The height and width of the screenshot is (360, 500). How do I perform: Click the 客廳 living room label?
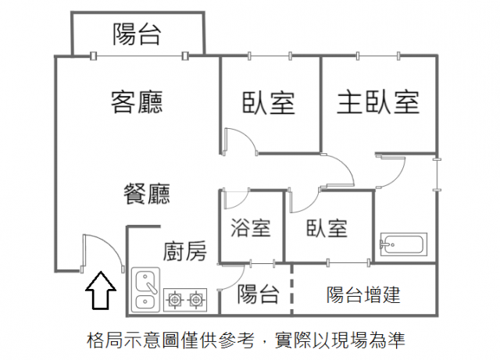click(137, 102)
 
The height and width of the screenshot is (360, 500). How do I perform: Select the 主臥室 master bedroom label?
click(378, 102)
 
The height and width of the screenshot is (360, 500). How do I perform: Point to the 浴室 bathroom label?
click(251, 228)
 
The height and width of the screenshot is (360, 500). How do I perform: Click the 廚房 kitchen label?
click(185, 251)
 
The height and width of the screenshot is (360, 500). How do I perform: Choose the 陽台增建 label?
click(362, 294)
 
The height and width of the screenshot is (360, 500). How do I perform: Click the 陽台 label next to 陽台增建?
click(259, 294)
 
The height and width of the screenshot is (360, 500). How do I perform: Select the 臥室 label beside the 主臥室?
click(268, 102)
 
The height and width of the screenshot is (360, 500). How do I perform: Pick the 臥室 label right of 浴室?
click(327, 228)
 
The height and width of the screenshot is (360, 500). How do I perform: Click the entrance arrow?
click(101, 292)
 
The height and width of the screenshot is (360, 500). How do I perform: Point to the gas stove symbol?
click(185, 298)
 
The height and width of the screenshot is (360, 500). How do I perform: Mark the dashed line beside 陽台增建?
click(292, 287)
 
